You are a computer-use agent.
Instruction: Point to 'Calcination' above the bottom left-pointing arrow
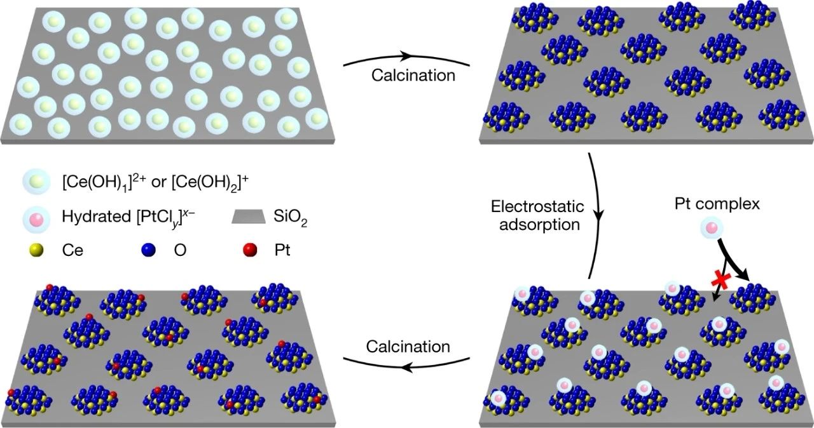[408, 347]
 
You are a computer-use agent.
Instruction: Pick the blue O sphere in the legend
[149, 251]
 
